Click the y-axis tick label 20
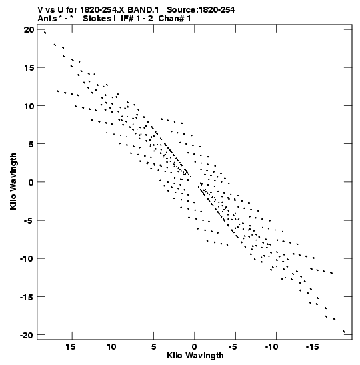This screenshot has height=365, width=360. [x=29, y=30]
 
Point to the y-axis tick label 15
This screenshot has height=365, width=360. [x=29, y=68]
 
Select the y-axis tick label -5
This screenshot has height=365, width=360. [x=28, y=220]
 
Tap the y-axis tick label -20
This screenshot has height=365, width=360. [x=26, y=335]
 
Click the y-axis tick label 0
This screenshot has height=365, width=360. [x=31, y=182]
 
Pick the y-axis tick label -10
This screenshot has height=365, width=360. [x=26, y=259]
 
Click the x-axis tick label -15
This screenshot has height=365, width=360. [x=312, y=347]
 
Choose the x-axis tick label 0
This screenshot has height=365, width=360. [x=194, y=347]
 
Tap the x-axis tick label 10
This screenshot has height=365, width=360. [x=111, y=347]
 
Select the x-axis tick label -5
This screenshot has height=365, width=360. [x=233, y=347]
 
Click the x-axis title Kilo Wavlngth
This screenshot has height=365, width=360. [x=195, y=356]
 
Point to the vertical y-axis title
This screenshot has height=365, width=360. [x=13, y=181]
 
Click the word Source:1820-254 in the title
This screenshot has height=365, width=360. [x=201, y=10]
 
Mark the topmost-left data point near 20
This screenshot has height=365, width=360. [x=45, y=33]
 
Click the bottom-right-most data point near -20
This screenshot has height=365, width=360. [x=344, y=332]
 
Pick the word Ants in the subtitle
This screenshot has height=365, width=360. [x=47, y=19]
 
